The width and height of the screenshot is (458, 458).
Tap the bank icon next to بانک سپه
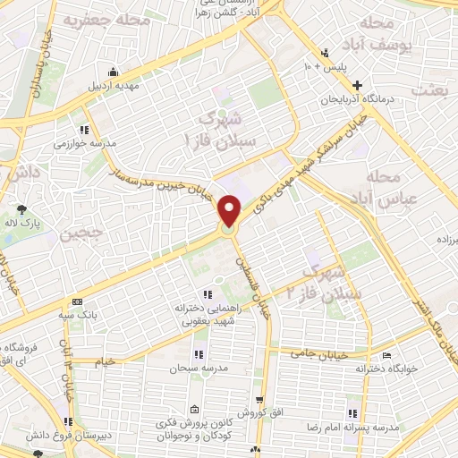pyautogui.click(x=77, y=301)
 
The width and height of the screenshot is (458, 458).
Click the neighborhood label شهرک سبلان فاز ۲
pyautogui.click(x=324, y=281)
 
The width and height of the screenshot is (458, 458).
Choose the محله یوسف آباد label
pyautogui.click(x=391, y=36)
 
